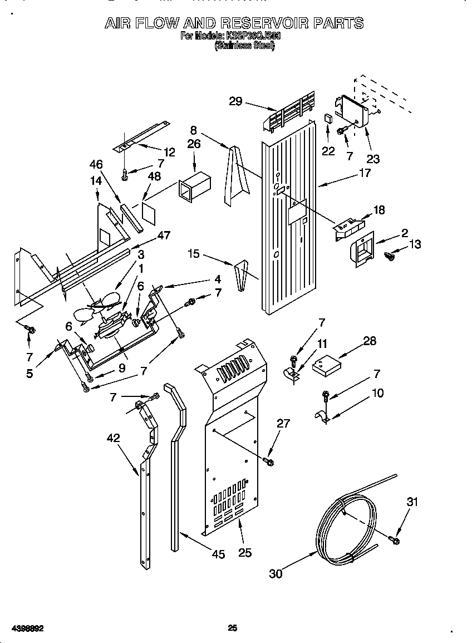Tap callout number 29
[236, 101]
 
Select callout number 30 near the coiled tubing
[276, 573]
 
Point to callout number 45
[218, 553]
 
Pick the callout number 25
[245, 552]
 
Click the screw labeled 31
[395, 539]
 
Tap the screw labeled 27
[270, 462]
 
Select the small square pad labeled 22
[328, 118]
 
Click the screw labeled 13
[390, 256]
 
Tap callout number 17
[364, 173]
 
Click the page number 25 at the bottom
[233, 628]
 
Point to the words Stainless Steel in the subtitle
[245, 47]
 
